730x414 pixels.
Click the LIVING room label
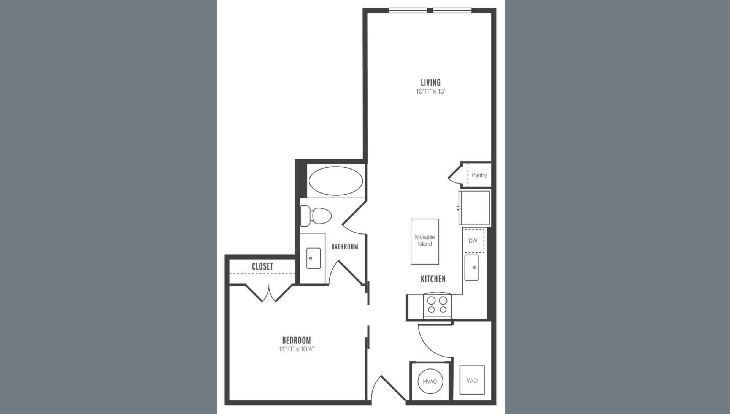(x=430, y=82)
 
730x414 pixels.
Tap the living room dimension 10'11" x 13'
(x=430, y=91)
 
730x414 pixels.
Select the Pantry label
(x=479, y=175)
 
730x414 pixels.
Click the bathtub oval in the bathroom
(x=336, y=181)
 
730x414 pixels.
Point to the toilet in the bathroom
(x=315, y=216)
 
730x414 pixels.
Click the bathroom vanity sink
(x=313, y=258)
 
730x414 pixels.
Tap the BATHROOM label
(x=344, y=247)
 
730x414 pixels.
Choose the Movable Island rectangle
(x=425, y=241)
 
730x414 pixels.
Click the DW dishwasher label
(x=473, y=241)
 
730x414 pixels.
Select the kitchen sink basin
(x=471, y=268)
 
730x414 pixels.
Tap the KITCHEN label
(x=433, y=279)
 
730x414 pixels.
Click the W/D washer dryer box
(x=472, y=380)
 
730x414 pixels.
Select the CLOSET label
(x=262, y=266)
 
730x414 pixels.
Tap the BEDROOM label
(x=297, y=340)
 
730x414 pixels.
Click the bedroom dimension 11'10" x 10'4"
(x=297, y=349)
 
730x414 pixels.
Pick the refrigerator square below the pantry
(x=474, y=208)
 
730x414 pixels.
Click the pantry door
(x=455, y=175)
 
